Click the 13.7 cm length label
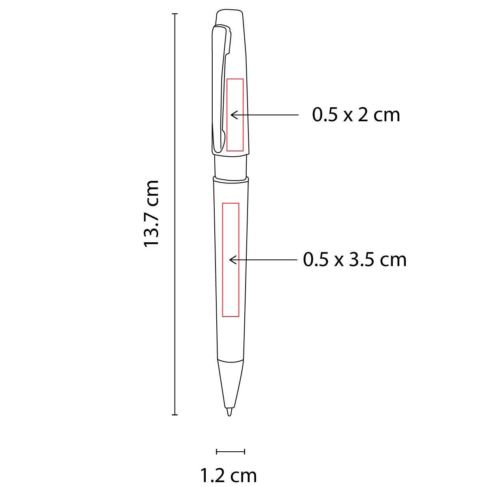151,214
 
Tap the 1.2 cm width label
228,476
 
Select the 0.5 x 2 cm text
356,115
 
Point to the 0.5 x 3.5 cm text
355,260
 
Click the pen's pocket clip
218,91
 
